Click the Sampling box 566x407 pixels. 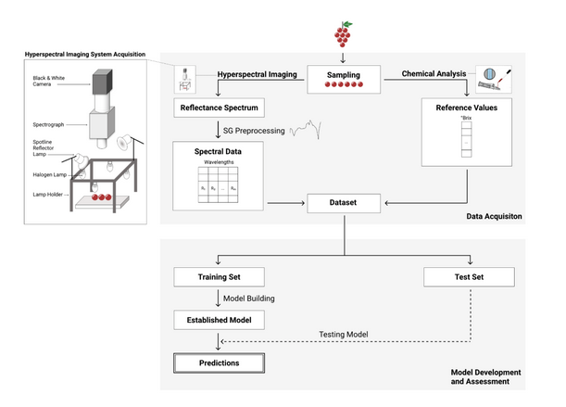pos(344,79)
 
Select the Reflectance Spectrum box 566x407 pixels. pos(217,108)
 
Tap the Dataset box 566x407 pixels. pos(343,200)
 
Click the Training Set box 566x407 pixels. pos(219,276)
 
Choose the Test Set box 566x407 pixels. pos(468,276)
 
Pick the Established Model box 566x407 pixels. pos(219,321)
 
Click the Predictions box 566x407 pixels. pos(219,362)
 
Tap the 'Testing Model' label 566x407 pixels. pos(345,335)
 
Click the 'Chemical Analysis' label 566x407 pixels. pos(434,72)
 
